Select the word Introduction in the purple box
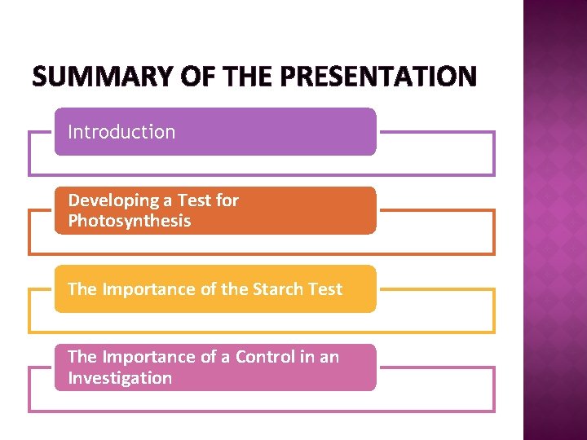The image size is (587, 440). click(121, 132)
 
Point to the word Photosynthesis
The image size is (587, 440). click(129, 222)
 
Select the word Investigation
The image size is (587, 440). click(120, 378)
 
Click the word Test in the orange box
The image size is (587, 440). click(196, 200)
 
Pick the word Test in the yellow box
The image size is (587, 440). click(324, 289)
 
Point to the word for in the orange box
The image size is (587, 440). click(227, 200)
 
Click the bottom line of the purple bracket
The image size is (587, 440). click(261, 175)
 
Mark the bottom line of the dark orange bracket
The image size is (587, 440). click(261, 253)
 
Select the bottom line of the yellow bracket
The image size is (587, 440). click(261, 332)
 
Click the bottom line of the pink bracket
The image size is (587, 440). click(261, 411)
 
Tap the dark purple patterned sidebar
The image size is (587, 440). click(554, 220)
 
